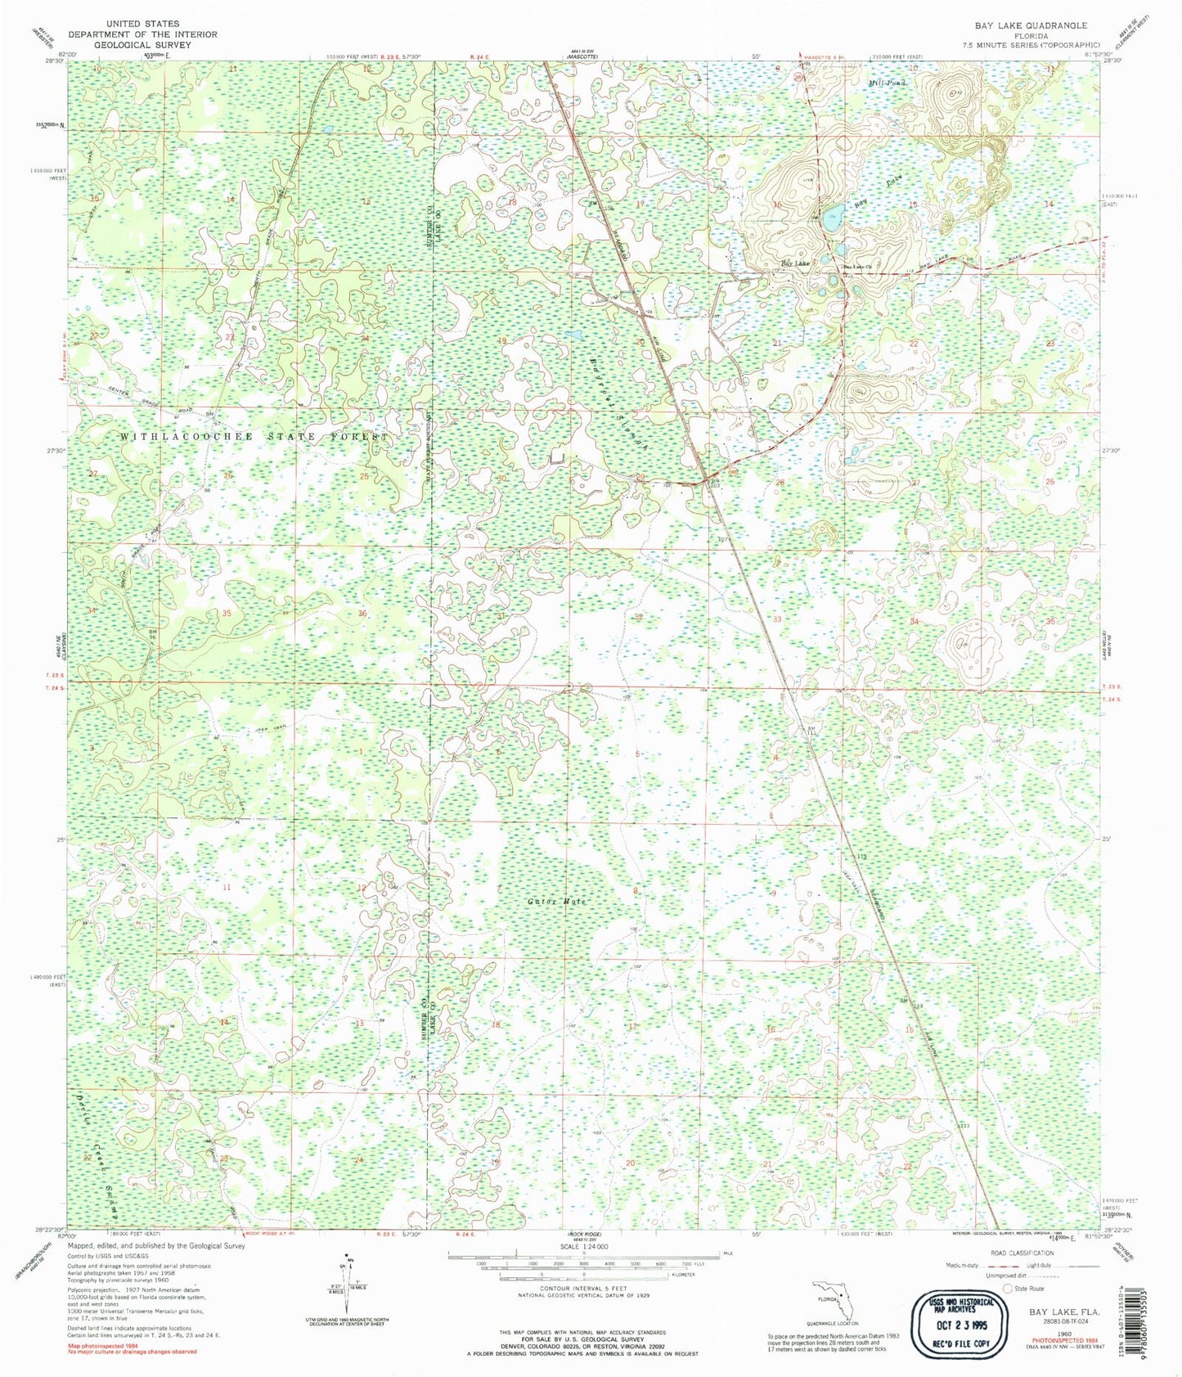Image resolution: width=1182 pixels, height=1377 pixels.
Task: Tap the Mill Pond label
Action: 888,83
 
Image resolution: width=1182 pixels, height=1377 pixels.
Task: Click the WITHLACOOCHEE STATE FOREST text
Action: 254,437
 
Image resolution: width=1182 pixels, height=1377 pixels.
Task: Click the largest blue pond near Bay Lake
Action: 833,218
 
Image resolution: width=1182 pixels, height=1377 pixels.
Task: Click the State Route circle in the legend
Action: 1007,1287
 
